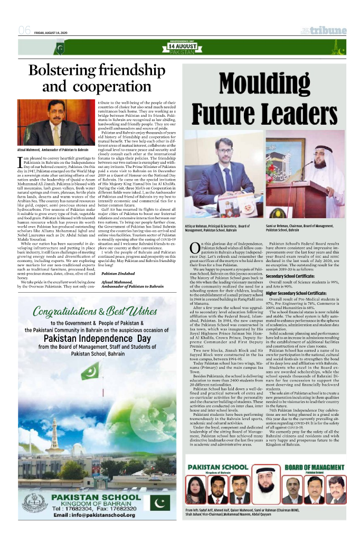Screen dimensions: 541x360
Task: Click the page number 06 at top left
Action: pyautogui.click(x=24, y=31)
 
